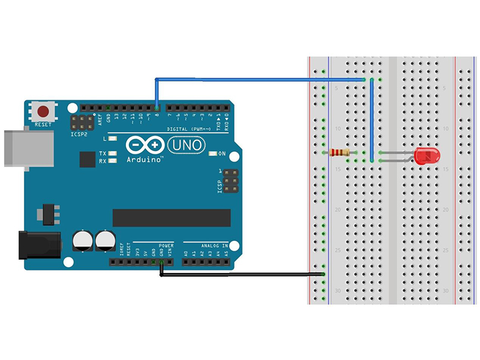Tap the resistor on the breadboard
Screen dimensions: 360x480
pyautogui.click(x=340, y=153)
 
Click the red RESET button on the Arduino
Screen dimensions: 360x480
pyautogui.click(x=43, y=111)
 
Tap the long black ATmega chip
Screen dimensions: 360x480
pyautogui.click(x=172, y=218)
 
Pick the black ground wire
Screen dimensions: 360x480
pyautogui.click(x=240, y=275)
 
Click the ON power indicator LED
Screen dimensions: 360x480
pyautogui.click(x=212, y=154)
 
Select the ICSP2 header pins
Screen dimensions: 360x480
pyautogui.click(x=82, y=123)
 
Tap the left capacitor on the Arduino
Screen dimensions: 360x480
pyautogui.click(x=83, y=241)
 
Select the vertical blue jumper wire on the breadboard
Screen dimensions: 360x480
pyautogui.click(x=372, y=120)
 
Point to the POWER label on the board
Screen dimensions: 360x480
pyautogui.click(x=166, y=245)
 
